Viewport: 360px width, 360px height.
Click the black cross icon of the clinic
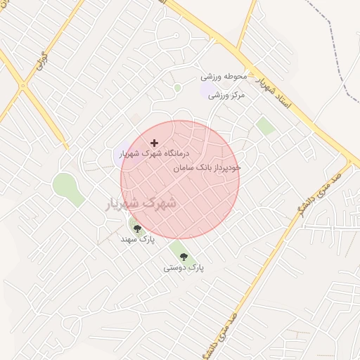[155, 143]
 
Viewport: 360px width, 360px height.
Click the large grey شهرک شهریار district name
[141, 202]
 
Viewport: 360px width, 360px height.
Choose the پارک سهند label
[137, 239]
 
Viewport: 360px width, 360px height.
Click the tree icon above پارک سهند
[137, 229]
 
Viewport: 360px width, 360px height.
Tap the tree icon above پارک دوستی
[184, 257]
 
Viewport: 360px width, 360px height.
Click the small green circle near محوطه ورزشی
[177, 88]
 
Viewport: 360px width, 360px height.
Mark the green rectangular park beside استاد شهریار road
[265, 126]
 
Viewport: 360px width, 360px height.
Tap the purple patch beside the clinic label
[118, 156]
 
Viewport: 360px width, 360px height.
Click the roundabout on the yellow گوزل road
[23, 86]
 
